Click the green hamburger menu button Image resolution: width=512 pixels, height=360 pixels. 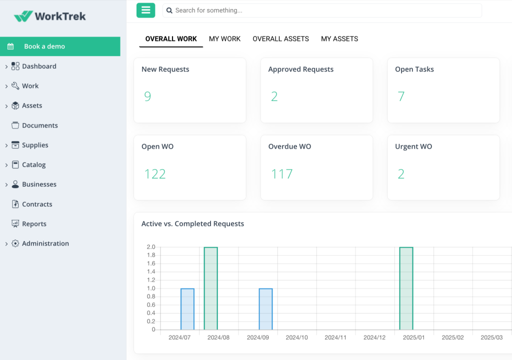(x=145, y=10)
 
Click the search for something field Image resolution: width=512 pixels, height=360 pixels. (x=322, y=10)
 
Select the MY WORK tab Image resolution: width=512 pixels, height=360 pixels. (x=224, y=38)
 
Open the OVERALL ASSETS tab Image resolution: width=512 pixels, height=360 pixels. (x=280, y=38)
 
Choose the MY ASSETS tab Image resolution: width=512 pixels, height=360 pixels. (x=339, y=38)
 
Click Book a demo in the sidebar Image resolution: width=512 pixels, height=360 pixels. (x=44, y=46)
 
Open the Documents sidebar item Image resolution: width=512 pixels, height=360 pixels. (x=40, y=125)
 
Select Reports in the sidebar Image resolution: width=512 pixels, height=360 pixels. (x=34, y=224)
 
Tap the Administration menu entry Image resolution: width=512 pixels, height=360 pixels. (x=45, y=243)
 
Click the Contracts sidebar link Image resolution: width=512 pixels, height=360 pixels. (x=37, y=204)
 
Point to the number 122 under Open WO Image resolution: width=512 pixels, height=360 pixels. (x=155, y=174)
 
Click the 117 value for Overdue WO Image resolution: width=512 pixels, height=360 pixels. (x=281, y=174)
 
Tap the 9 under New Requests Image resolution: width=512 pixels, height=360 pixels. (x=147, y=96)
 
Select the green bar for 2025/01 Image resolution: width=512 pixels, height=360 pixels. (x=406, y=288)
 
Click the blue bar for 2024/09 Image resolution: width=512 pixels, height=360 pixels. (x=265, y=309)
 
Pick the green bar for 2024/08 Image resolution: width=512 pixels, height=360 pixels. (x=210, y=288)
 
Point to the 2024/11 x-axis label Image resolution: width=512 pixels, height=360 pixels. (x=335, y=337)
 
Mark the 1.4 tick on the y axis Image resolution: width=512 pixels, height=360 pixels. (x=150, y=271)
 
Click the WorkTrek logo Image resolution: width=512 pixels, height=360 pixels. (x=50, y=16)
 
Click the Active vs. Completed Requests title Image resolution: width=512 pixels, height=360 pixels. (x=192, y=223)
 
